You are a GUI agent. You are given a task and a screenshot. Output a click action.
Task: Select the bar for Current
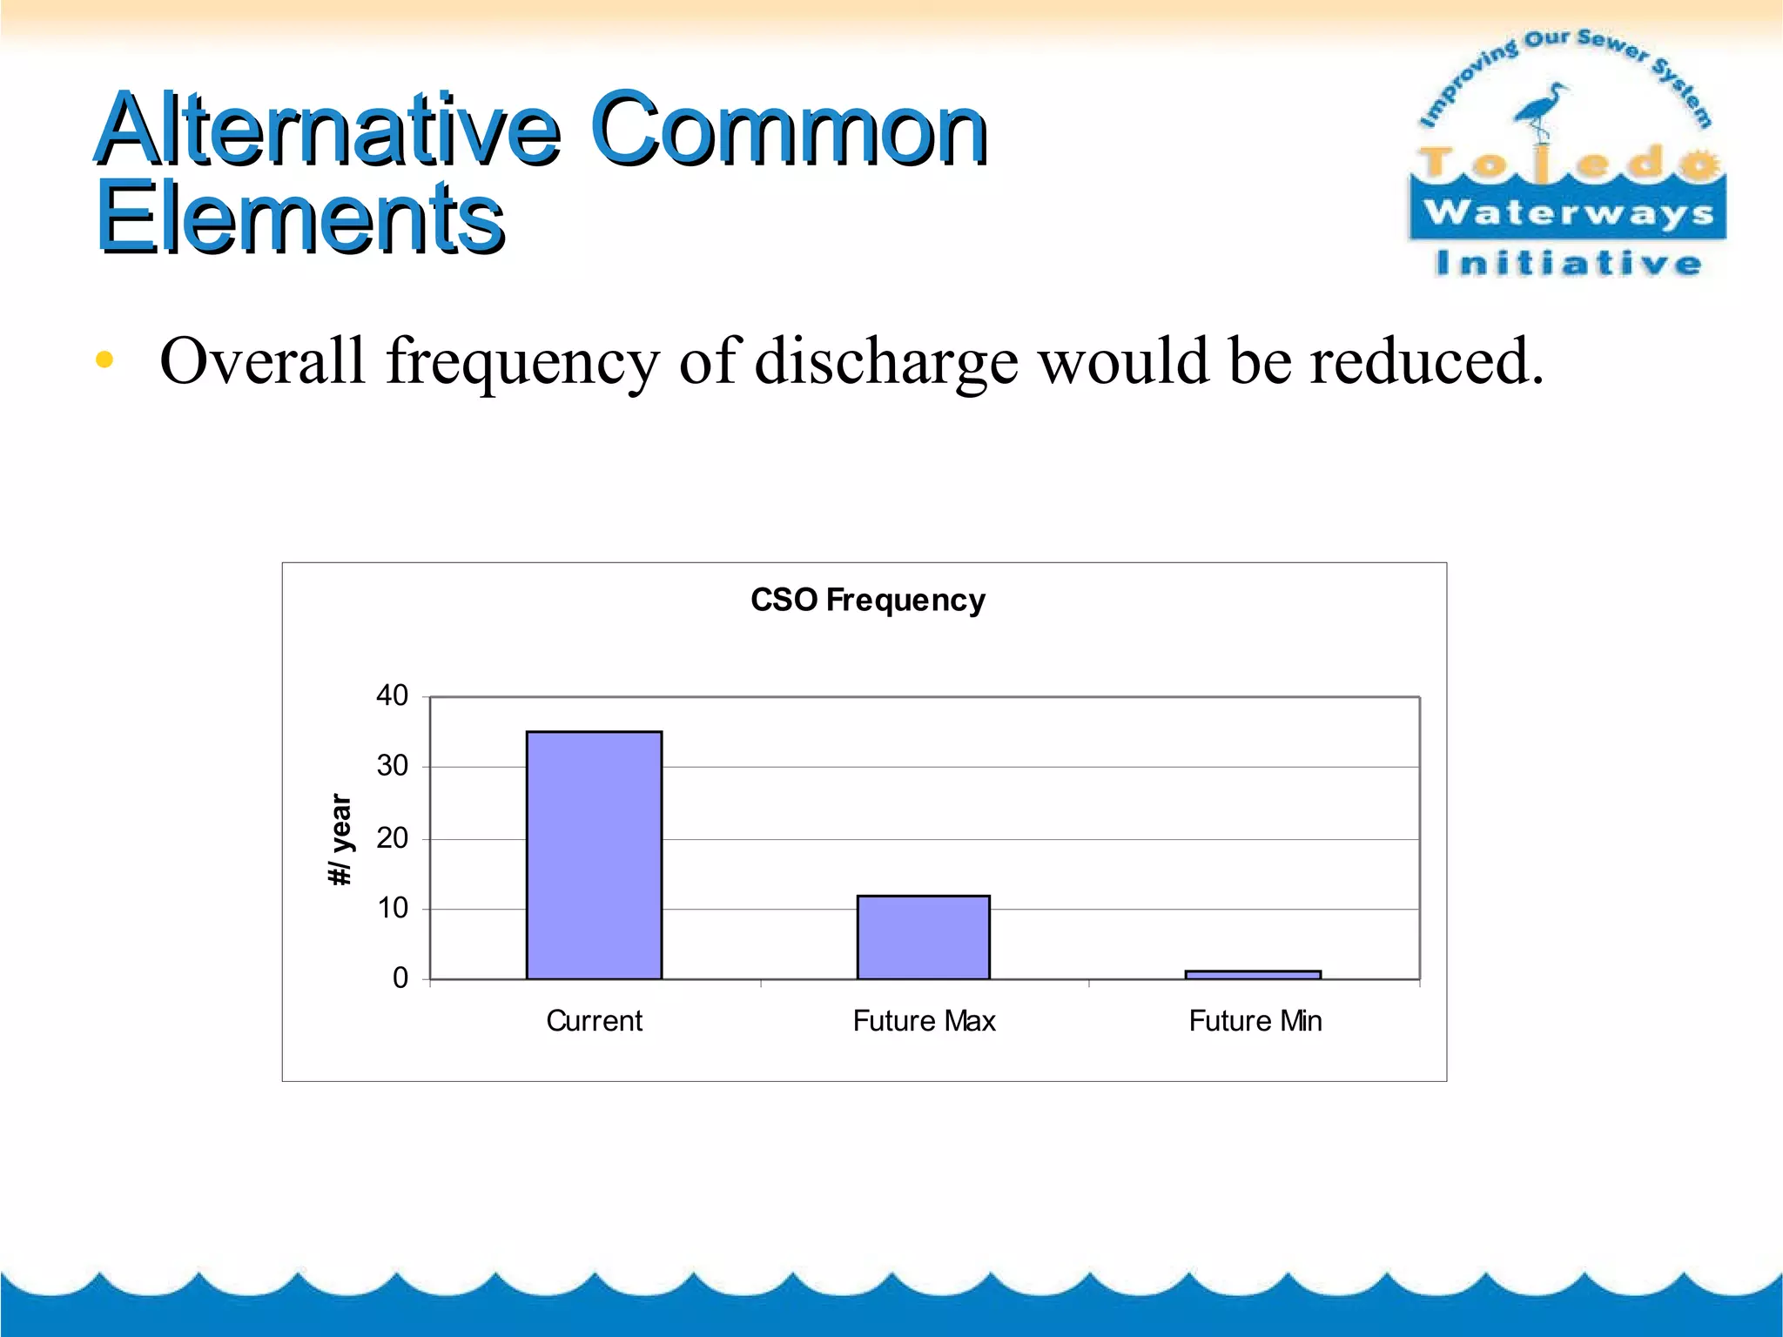coord(594,855)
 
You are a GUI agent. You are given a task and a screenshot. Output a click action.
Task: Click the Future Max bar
coord(923,937)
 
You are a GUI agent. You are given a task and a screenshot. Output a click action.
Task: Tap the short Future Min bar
coord(1253,975)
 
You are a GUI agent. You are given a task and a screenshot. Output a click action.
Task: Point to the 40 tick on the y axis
coord(392,695)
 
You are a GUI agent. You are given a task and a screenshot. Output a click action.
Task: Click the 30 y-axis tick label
coord(392,766)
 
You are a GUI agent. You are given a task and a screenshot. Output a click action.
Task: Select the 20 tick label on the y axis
coord(392,838)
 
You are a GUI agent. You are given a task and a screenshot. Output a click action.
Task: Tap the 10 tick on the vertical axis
coord(392,909)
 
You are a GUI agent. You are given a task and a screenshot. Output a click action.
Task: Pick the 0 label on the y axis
coord(400,978)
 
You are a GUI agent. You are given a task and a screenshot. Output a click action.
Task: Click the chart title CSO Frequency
coord(867,600)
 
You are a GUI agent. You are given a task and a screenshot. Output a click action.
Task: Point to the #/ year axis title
coord(340,840)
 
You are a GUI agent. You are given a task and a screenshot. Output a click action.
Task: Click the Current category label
coord(594,1020)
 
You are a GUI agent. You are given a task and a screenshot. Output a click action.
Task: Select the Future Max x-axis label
coord(924,1020)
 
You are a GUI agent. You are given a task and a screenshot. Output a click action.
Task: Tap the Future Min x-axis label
coord(1255,1020)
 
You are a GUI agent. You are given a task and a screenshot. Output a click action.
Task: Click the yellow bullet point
coord(104,359)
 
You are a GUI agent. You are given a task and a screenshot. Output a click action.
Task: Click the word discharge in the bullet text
coord(885,361)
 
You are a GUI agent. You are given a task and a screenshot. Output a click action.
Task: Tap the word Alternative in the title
coord(327,131)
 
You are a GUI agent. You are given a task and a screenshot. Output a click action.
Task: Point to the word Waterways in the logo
coord(1568,212)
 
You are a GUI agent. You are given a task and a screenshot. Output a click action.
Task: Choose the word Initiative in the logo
coord(1568,263)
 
